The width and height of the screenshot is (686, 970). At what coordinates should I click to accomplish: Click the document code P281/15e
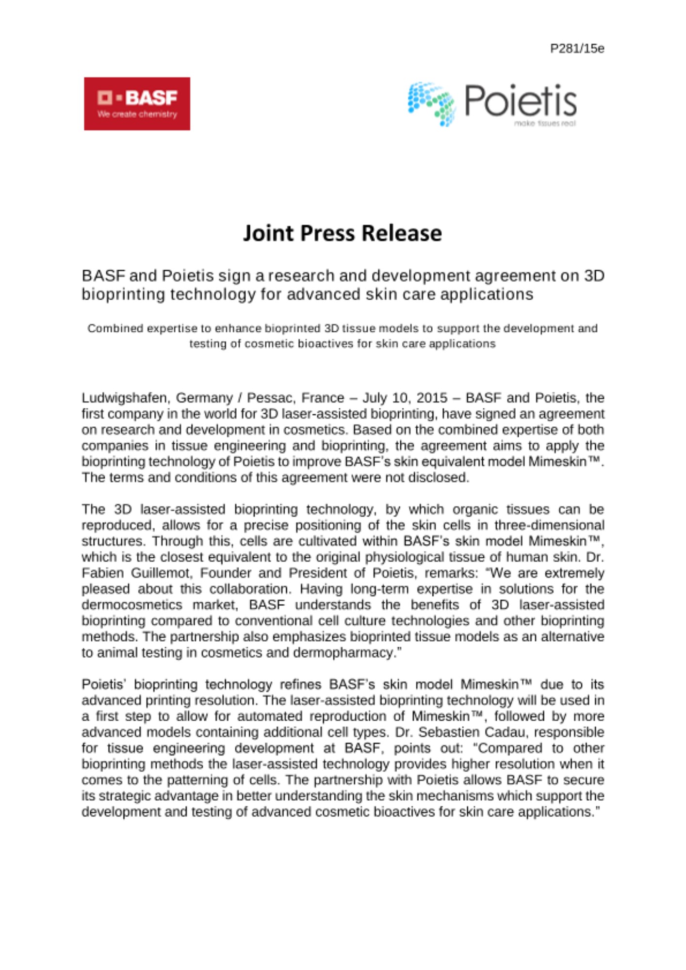(x=577, y=48)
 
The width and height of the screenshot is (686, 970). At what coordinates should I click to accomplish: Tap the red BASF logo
(x=137, y=103)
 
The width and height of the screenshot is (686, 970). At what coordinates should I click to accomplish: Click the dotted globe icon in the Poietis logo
(x=431, y=103)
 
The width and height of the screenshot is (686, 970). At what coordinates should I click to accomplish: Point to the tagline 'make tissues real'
(x=545, y=124)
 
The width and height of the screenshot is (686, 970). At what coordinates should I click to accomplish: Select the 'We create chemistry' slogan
(x=137, y=114)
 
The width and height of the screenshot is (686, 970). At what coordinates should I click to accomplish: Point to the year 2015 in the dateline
(x=432, y=398)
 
